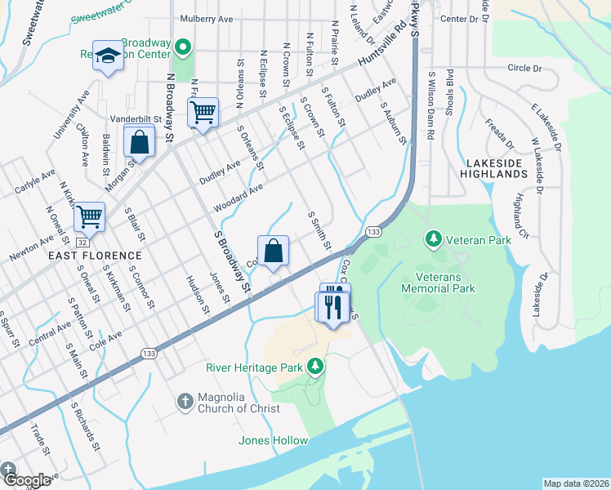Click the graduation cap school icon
[107, 56]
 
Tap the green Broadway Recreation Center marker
[183, 48]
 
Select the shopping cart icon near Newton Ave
[89, 217]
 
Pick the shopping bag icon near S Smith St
[274, 250]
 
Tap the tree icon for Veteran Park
[434, 239]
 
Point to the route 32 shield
[83, 242]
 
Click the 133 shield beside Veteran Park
[373, 233]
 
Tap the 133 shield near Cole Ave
[148, 352]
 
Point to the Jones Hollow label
[273, 441]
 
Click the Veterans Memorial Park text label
[438, 283]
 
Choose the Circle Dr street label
[524, 69]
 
